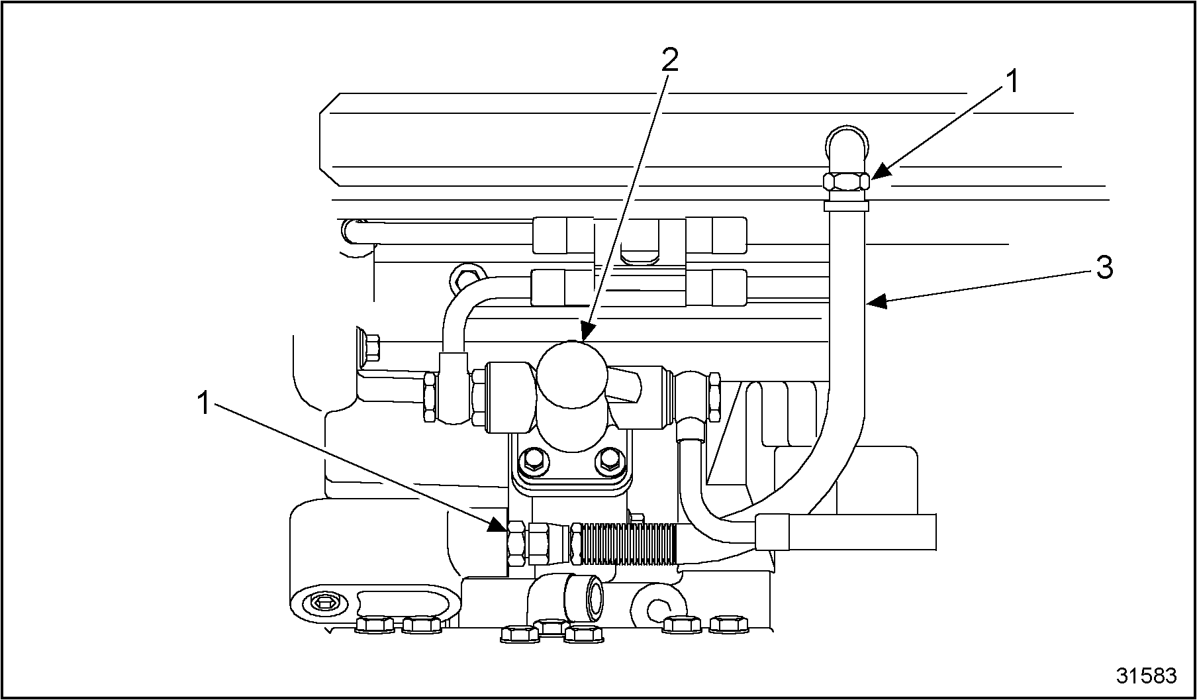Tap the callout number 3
[1104, 268]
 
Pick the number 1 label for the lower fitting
[204, 403]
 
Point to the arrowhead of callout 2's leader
[583, 335]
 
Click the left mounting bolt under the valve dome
[532, 459]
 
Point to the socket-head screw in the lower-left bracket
[323, 603]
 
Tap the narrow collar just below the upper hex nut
[845, 207]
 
